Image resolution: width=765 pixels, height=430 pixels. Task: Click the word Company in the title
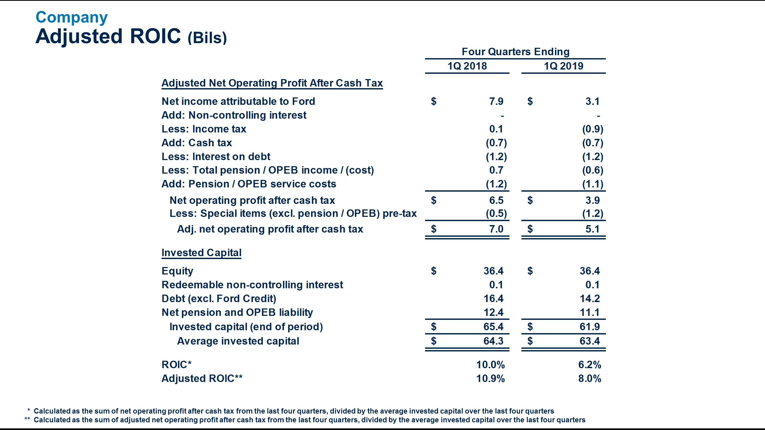coord(71,17)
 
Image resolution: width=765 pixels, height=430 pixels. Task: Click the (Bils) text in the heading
coord(207,38)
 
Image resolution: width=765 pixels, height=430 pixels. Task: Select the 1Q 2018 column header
coord(467,66)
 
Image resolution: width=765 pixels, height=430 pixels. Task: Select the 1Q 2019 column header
coord(563,66)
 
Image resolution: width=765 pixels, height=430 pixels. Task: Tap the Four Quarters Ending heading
coord(516,52)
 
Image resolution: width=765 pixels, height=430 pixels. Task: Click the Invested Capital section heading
coord(201,252)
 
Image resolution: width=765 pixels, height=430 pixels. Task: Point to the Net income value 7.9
coord(496,101)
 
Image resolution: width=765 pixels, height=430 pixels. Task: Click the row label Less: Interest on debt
coord(216,156)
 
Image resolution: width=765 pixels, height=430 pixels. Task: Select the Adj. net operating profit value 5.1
coord(592,229)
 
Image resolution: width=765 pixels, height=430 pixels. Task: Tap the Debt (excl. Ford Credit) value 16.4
coord(493,299)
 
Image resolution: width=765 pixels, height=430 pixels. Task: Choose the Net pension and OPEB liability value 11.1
coord(589,312)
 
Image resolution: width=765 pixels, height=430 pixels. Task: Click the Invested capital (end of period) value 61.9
coord(589,327)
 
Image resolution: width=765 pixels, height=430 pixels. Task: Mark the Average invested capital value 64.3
coord(493,341)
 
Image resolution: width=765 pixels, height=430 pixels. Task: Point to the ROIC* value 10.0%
coord(490,365)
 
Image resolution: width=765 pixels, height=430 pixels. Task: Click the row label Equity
coord(177,271)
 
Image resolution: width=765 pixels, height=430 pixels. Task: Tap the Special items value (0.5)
coord(496,214)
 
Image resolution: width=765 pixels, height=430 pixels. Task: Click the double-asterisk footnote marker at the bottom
coord(27,419)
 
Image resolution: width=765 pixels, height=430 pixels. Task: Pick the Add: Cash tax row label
coord(197,143)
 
